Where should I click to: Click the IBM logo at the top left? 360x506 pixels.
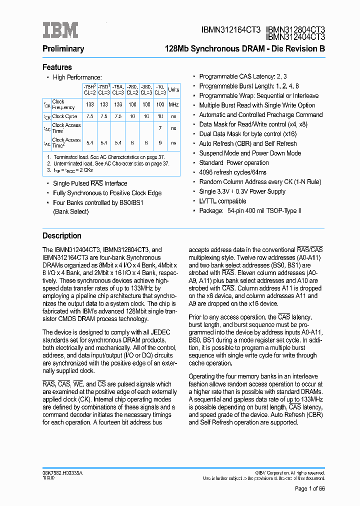point(60,30)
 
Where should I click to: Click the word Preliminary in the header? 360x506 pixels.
point(63,49)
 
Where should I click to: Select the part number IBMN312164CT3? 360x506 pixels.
point(230,30)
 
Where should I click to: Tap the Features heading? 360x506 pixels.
point(57,67)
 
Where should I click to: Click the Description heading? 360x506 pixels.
point(61,236)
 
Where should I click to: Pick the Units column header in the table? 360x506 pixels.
point(173,90)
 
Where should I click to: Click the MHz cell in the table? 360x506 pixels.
point(173,104)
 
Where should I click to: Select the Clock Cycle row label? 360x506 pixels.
point(65,116)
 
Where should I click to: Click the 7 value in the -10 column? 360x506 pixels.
point(160,128)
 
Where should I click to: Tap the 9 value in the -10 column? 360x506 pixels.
point(160,142)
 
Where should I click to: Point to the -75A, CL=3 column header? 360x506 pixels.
point(118,90)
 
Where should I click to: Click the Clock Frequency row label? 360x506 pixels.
point(63,104)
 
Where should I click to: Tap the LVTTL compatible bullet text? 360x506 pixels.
point(222,201)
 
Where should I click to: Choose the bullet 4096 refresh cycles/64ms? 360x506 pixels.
point(233,172)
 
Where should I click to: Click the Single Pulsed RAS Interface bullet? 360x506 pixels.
point(90,183)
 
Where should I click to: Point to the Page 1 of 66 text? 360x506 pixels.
point(309,488)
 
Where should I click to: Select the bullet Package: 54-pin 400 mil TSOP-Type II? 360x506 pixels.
point(250,211)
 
